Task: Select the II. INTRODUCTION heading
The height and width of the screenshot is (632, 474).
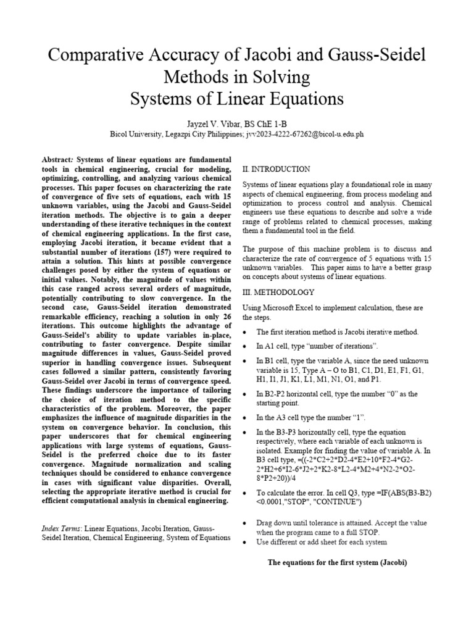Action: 276,169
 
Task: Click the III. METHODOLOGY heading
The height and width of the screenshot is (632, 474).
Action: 278,292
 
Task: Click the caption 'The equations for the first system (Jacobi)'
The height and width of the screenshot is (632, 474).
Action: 337,563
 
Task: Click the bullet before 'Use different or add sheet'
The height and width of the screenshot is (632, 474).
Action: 245,542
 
